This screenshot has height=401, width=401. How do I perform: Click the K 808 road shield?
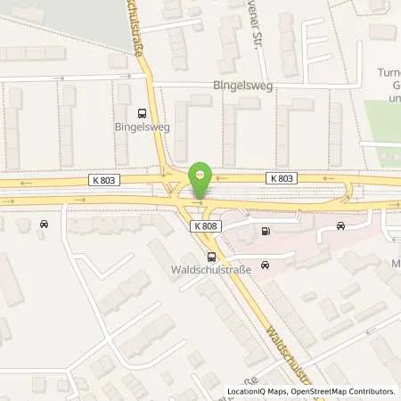pyautogui.click(x=204, y=226)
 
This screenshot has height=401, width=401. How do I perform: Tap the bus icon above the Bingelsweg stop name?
pyautogui.click(x=142, y=113)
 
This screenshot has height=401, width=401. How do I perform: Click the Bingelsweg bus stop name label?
pyautogui.click(x=142, y=128)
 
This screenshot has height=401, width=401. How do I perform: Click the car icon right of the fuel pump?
pyautogui.click(x=340, y=226)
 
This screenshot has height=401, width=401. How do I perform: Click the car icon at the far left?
pyautogui.click(x=44, y=224)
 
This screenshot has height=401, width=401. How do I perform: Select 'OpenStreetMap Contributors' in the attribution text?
pyautogui.click(x=346, y=391)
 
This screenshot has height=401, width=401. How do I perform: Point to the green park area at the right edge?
pyautogui.click(x=384, y=125)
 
